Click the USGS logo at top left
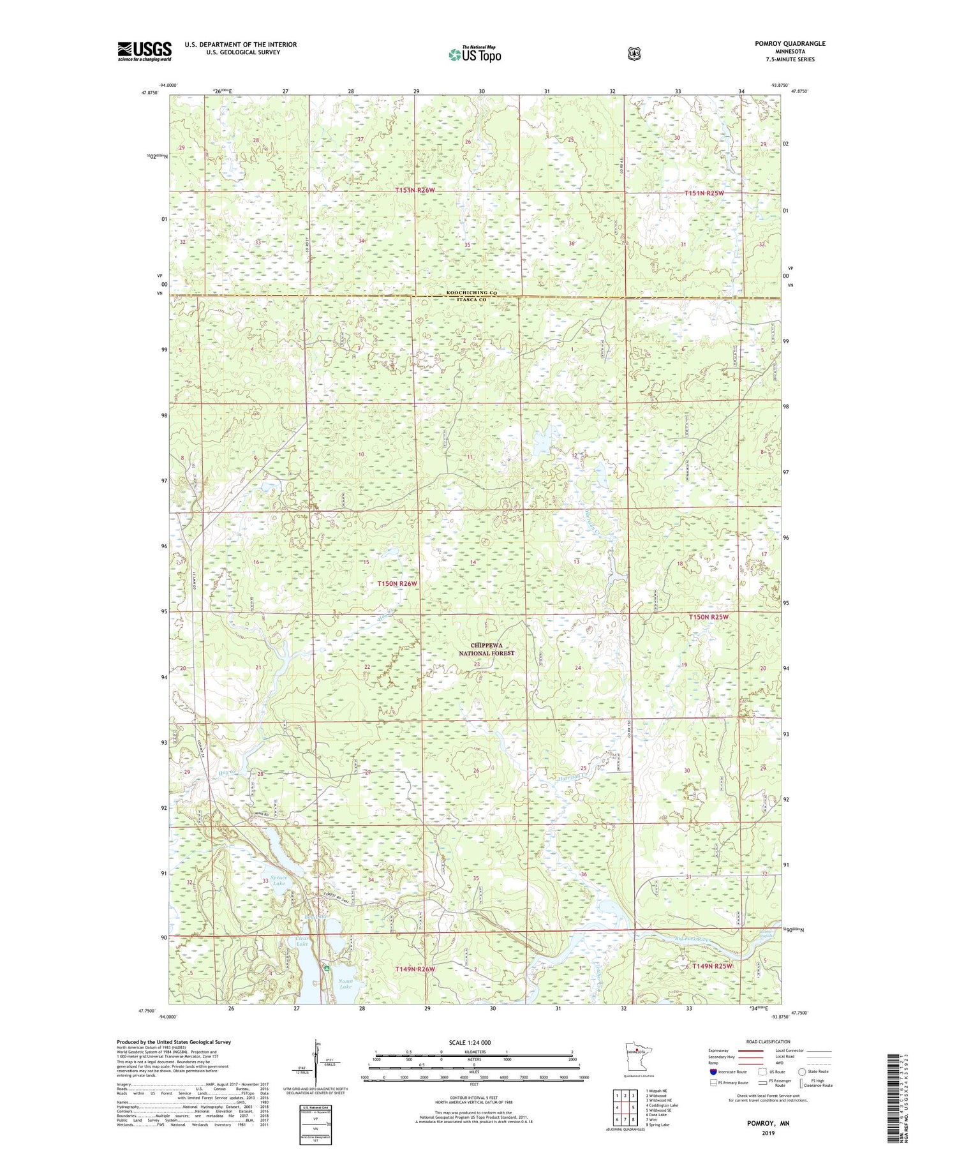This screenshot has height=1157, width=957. [x=144, y=51]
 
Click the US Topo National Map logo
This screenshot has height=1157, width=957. [x=474, y=54]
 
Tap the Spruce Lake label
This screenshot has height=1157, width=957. [x=279, y=880]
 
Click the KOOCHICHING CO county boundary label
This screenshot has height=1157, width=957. [x=471, y=293]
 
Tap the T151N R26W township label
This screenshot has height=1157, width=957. [x=415, y=190]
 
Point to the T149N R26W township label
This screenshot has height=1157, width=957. [x=415, y=969]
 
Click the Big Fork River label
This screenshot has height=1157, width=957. [x=693, y=939]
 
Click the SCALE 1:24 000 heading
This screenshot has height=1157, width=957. [x=474, y=1042]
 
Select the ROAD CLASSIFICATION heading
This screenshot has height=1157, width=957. [x=771, y=1041]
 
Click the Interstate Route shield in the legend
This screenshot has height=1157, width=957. [x=713, y=1071]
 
